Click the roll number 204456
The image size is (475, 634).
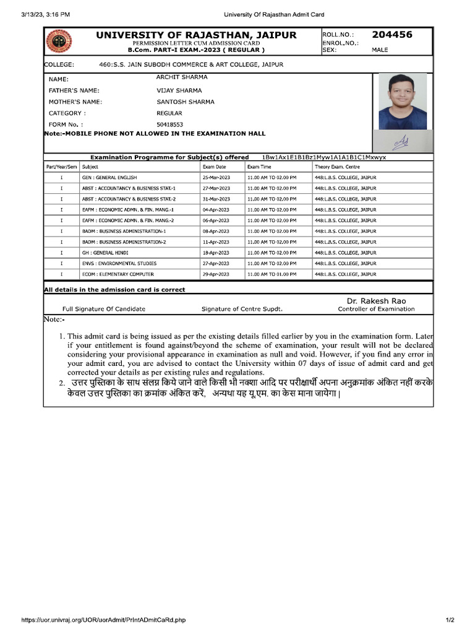[x=392, y=35]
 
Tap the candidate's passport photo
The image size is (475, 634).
[x=402, y=101]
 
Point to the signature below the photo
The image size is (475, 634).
[x=401, y=142]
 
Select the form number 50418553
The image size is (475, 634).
[x=170, y=124]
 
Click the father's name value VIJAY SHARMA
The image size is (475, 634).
[x=179, y=90]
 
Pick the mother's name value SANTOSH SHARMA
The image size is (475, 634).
[x=186, y=102]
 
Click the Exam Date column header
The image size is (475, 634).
[x=215, y=167]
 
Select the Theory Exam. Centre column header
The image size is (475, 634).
[x=337, y=167]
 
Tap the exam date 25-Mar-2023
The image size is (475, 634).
[x=216, y=178]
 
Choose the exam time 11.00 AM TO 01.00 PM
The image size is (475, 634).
[x=272, y=274]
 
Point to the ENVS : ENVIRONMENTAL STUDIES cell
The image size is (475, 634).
[x=119, y=263]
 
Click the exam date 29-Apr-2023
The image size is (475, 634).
[x=216, y=274]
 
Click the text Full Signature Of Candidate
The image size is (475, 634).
[x=104, y=309]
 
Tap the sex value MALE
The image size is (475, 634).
[x=380, y=50]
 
